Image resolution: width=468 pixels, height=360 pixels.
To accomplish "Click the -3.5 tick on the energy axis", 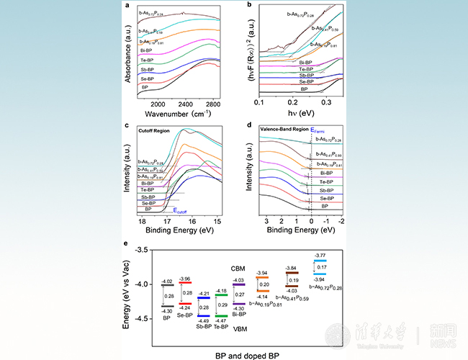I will coord(145,249).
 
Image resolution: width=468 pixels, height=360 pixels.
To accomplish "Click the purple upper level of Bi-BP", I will coord(239,284).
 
